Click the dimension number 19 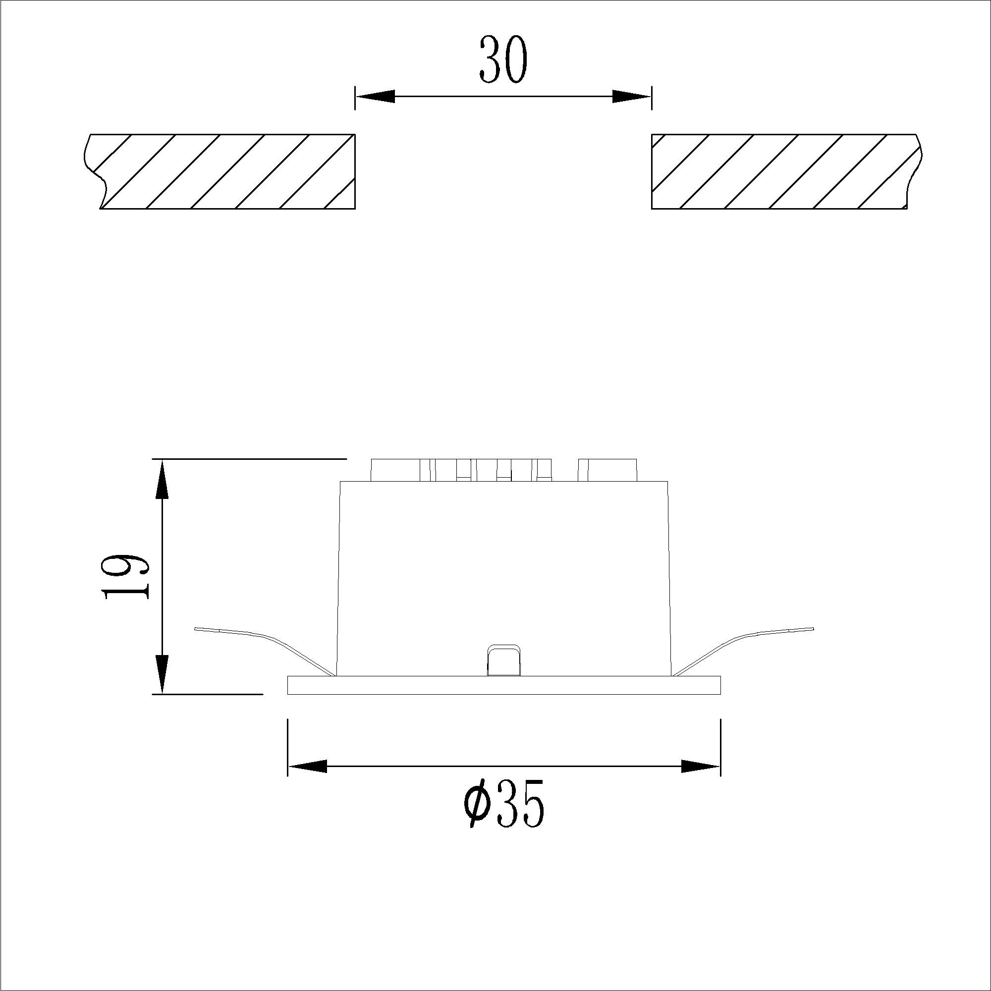[126, 576]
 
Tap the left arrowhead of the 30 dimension [376, 97]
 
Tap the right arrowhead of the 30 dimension [631, 97]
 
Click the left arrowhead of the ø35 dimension [308, 767]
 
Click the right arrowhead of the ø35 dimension [701, 767]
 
